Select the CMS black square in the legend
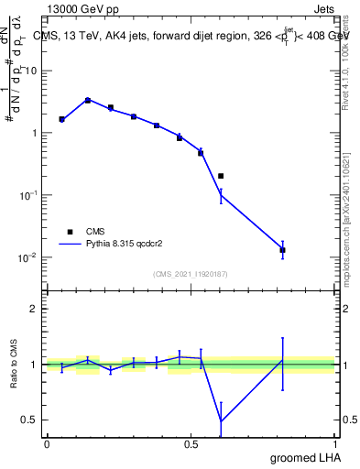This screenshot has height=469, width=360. (70, 232)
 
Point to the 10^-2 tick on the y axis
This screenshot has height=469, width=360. (27, 257)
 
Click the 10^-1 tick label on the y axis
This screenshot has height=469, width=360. (27, 195)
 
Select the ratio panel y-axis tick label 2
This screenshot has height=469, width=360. (33, 309)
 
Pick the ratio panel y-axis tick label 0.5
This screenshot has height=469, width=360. (29, 420)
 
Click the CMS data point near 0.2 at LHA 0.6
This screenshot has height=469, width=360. (221, 176)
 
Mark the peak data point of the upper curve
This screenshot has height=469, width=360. (87, 100)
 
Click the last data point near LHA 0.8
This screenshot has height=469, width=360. (282, 250)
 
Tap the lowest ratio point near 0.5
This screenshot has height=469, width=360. (221, 421)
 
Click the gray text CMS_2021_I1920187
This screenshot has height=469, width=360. (190, 274)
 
